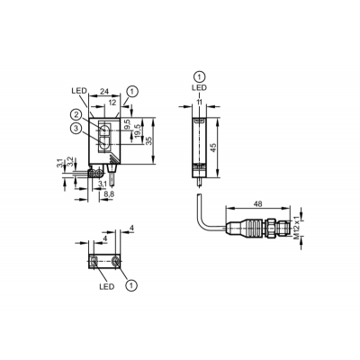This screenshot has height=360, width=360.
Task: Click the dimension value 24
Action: coord(104,92)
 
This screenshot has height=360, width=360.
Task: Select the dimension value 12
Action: coord(112,103)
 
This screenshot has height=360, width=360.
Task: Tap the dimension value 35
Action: coord(148,141)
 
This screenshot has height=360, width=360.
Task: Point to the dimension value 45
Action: coord(212,148)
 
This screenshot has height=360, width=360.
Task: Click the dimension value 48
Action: coord(257,203)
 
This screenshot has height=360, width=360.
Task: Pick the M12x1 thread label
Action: coord(297,227)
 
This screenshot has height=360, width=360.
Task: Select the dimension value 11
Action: coord(199,102)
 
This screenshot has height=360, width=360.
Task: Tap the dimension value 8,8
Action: coord(109,194)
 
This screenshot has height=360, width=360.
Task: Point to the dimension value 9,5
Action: coord(128,125)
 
